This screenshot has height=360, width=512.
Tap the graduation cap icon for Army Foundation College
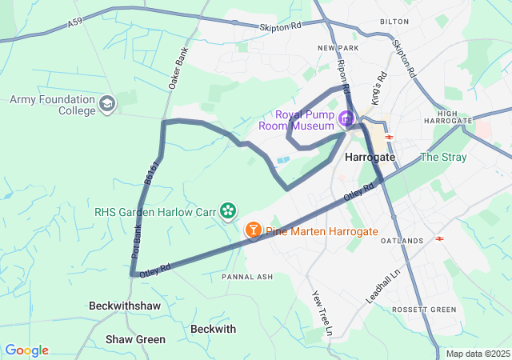(x=108, y=104)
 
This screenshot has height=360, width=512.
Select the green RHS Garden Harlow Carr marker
(x=229, y=211)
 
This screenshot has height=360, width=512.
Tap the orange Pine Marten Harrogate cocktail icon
(x=254, y=231)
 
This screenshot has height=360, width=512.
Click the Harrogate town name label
(x=370, y=158)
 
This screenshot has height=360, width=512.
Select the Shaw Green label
(x=135, y=339)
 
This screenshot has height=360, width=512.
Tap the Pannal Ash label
(x=247, y=277)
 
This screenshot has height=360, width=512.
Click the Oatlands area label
(x=402, y=241)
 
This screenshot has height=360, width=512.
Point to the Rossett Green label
(x=423, y=310)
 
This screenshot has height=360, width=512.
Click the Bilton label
(x=394, y=22)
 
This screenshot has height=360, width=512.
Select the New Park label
(x=335, y=49)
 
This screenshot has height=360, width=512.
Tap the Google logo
(x=26, y=350)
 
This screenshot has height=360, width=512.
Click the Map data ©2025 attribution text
(x=477, y=354)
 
